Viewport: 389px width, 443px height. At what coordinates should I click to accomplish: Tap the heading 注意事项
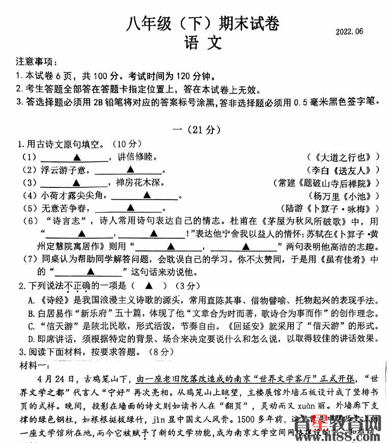(x=34, y=62)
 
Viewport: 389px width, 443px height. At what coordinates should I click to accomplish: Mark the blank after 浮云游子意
(x=130, y=169)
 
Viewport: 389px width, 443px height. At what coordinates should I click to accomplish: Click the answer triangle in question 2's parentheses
(x=148, y=286)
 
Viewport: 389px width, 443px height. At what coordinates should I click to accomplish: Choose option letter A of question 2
(x=31, y=299)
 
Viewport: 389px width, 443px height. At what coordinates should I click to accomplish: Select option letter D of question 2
(x=31, y=339)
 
